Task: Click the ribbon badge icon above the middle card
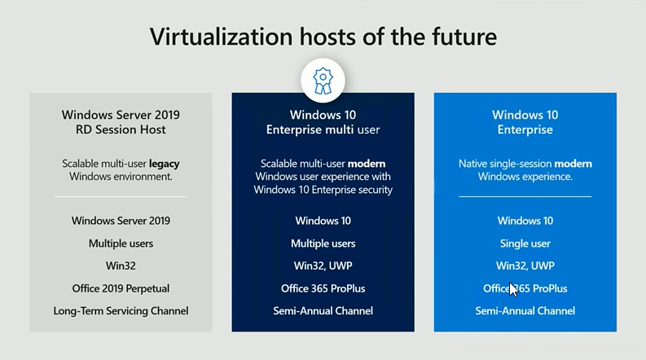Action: pos(323,81)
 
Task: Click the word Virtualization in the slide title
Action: pos(222,37)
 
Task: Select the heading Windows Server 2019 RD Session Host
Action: pos(121,122)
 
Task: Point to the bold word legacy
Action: pos(165,164)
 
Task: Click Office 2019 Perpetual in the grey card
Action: pos(121,288)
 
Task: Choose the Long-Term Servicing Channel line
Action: pos(121,310)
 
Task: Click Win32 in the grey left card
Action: pos(121,266)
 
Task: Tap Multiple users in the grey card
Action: pos(121,244)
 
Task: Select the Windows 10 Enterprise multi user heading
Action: pos(323,122)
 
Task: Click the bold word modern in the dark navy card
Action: pos(367,164)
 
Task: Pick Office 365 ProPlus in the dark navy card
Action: pos(323,288)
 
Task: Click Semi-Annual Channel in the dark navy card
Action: pos(323,310)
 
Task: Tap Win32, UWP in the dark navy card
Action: pos(323,266)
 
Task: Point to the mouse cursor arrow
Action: pos(513,289)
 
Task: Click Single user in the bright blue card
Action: pos(525,244)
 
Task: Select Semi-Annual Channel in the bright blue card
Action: pos(525,310)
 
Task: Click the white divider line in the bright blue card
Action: pos(525,196)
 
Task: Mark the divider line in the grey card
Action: pos(121,196)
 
